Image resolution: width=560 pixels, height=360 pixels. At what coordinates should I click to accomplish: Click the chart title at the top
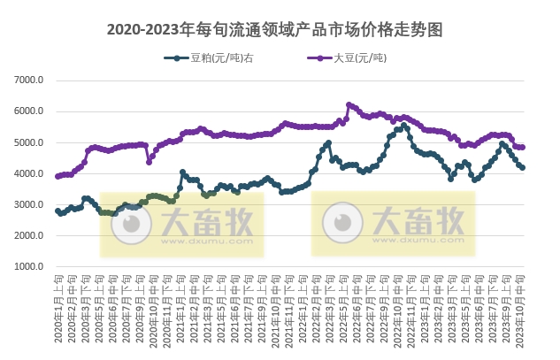tap(280, 30)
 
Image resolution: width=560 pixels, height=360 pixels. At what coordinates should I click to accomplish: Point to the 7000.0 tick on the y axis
tap(29, 80)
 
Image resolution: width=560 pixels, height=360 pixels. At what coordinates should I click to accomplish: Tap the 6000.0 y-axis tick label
tap(29, 111)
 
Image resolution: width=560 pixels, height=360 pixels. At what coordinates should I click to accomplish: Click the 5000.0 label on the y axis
tap(29, 142)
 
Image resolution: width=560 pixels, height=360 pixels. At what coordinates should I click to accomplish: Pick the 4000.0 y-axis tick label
tap(29, 173)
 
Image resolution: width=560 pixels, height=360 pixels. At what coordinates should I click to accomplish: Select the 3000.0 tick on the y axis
tap(29, 204)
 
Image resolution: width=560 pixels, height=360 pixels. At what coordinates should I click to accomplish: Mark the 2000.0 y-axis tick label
tap(29, 235)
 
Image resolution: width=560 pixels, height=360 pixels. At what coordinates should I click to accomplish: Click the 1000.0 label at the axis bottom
tap(29, 266)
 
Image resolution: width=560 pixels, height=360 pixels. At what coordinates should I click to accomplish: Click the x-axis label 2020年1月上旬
tap(58, 305)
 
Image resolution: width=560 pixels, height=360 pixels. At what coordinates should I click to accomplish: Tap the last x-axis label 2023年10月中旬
tap(522, 305)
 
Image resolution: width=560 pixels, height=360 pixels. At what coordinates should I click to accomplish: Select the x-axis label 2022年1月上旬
tap(303, 305)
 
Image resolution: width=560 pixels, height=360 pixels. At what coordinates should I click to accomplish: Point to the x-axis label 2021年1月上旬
tap(180, 305)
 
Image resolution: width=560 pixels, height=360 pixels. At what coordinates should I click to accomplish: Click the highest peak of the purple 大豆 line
tap(349, 104)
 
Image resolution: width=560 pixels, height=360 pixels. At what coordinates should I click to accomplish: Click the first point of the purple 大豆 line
tap(58, 176)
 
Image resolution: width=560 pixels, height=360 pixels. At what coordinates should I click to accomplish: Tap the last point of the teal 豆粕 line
tap(523, 167)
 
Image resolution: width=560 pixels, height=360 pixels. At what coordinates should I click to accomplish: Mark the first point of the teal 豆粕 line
tap(58, 211)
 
